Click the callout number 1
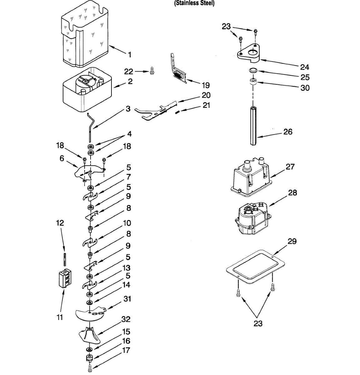[x=130, y=55]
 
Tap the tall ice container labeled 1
[x=84, y=36]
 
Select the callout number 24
[x=304, y=67]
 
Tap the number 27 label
[x=290, y=167]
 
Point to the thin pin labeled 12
[x=64, y=259]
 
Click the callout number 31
[x=127, y=299]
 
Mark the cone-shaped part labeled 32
[x=89, y=336]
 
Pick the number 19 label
[x=206, y=85]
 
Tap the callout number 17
[x=126, y=351]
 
